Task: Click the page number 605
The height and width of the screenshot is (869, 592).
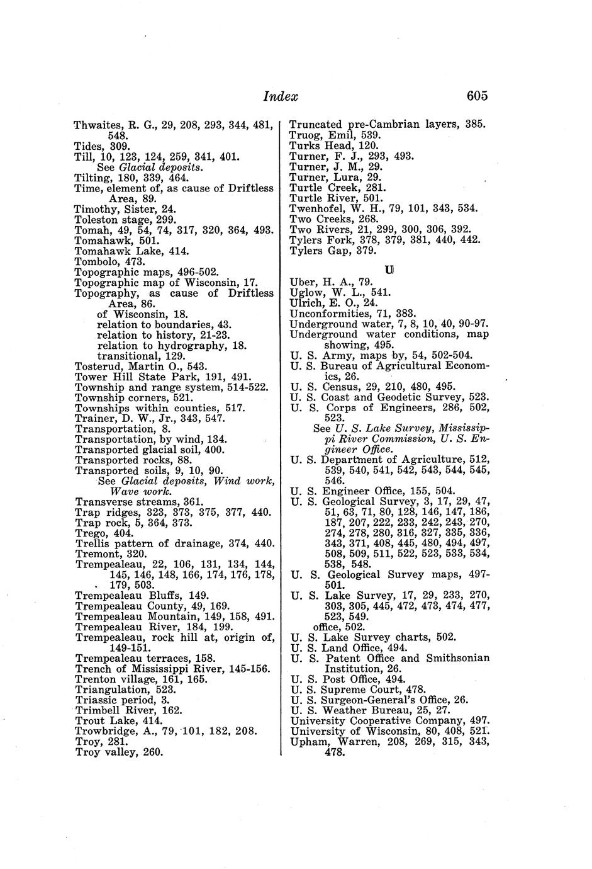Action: (x=477, y=96)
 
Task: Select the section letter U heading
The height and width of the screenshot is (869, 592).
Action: (x=389, y=270)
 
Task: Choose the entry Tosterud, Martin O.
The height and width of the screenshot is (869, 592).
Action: (x=141, y=366)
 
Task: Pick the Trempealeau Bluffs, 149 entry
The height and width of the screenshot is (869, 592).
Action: (x=142, y=595)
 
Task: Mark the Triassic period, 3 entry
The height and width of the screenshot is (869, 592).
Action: (x=123, y=700)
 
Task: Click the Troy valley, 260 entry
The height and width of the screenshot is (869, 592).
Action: (x=119, y=752)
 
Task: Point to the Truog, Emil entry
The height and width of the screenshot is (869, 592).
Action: (x=335, y=135)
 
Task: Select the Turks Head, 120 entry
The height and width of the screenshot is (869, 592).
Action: (x=333, y=145)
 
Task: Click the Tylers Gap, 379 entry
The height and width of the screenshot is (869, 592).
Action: (x=333, y=251)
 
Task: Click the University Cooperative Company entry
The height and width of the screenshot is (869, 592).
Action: (x=390, y=720)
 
